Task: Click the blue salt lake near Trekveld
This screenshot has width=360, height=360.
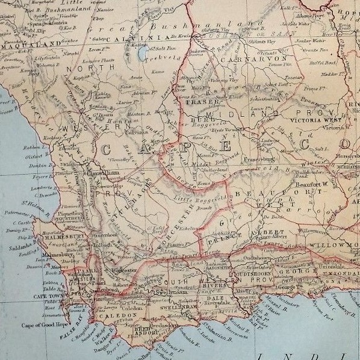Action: tap(142, 55)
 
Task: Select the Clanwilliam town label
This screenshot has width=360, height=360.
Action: tap(102, 173)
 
